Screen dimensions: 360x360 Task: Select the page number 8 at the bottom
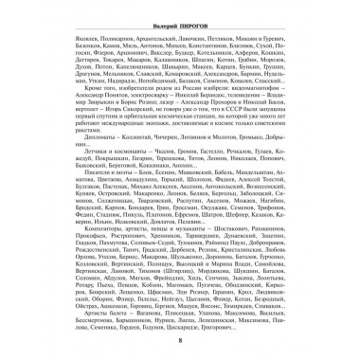coord(180,350)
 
